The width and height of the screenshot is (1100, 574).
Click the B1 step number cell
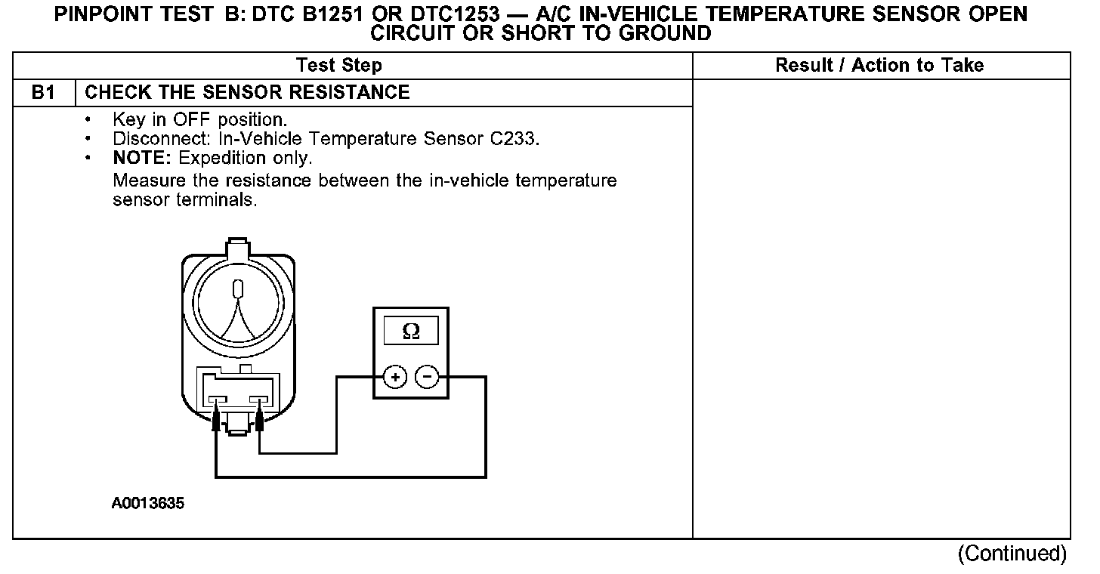click(x=43, y=93)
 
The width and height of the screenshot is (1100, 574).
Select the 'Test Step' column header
click(x=338, y=66)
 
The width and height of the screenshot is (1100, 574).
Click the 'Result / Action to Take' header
click(x=879, y=66)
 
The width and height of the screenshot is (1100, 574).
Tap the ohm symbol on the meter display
click(x=411, y=331)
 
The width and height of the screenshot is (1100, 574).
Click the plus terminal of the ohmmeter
click(x=395, y=376)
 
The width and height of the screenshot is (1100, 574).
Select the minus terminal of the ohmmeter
click(x=428, y=376)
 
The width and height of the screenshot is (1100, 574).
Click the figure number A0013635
click(x=147, y=504)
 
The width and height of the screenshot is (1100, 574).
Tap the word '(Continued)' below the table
click(x=1012, y=554)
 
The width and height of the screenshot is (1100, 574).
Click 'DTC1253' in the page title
click(x=438, y=14)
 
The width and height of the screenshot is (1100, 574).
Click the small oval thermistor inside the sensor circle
click(x=239, y=291)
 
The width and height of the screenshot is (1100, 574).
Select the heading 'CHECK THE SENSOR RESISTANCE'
click(x=248, y=93)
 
